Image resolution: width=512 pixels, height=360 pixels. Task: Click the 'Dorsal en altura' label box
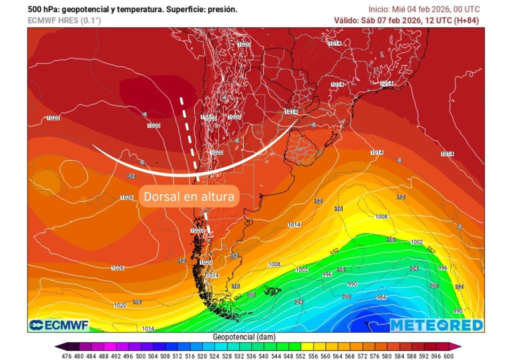(x=188, y=196)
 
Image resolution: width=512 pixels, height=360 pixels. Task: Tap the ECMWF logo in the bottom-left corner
(x=59, y=325)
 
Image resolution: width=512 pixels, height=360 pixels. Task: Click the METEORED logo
(x=436, y=325)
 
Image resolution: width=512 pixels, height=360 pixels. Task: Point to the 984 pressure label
(x=382, y=297)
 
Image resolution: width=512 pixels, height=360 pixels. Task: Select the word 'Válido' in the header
(x=346, y=20)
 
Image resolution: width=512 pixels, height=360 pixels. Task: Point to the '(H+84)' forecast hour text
(x=467, y=20)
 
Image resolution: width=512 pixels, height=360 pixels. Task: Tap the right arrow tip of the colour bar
(x=458, y=346)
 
